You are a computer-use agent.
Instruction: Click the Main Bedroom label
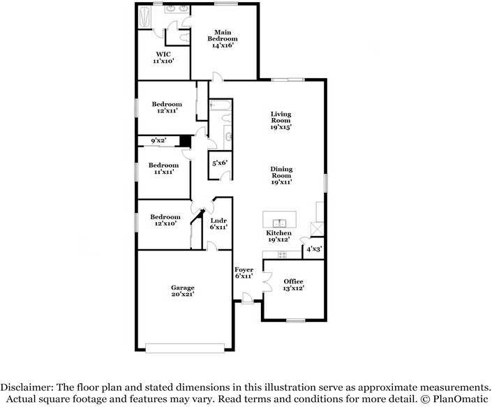[223, 36]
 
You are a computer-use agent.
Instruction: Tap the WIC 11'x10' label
[163, 58]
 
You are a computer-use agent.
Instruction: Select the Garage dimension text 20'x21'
[183, 294]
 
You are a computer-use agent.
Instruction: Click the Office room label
[293, 281]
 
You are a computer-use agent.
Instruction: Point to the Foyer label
[244, 269]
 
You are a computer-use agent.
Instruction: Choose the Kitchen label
[278, 233]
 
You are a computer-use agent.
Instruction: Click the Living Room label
[281, 117]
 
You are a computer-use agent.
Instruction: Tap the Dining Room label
[281, 172]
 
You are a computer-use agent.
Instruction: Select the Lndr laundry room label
[218, 221]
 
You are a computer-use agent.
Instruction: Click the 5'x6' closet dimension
[220, 163]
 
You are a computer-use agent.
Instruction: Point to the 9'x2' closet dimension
[158, 140]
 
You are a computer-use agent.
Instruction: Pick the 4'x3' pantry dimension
[315, 249]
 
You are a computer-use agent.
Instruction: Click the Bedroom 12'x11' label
[167, 108]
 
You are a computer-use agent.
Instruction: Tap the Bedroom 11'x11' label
[163, 168]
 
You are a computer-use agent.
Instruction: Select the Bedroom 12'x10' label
[165, 220]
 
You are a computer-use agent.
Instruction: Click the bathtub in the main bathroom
[145, 17]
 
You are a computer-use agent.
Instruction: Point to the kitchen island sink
[279, 223]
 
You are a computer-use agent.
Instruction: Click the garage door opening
[185, 348]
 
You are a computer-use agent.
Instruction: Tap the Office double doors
[267, 282]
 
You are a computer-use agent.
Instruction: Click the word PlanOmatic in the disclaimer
[461, 399]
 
